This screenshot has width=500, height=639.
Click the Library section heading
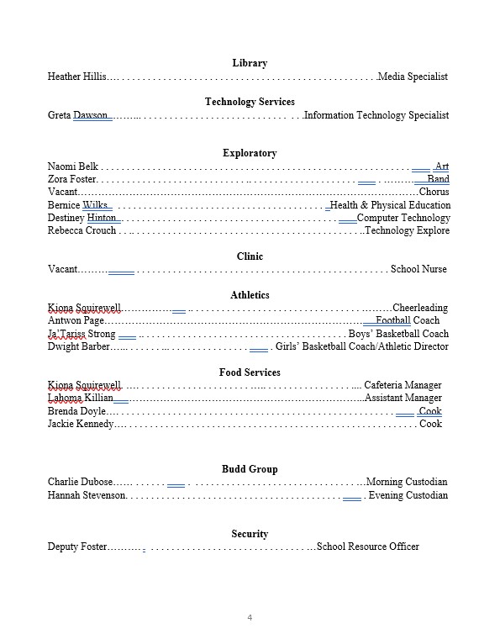click(250, 63)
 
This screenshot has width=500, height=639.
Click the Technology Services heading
click(250, 102)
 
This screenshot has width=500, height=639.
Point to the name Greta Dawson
click(80, 115)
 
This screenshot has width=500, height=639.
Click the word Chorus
click(434, 192)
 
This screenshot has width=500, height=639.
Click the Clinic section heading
click(250, 256)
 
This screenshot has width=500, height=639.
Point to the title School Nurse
click(418, 269)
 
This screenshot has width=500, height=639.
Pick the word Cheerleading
click(420, 308)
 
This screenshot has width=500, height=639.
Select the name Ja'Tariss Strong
click(82, 334)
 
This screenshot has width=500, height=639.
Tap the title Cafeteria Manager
click(403, 385)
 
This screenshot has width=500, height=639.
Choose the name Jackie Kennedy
click(81, 424)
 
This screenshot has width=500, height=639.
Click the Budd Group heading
click(250, 469)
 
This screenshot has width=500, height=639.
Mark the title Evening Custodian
click(408, 495)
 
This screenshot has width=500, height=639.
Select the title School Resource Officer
click(367, 547)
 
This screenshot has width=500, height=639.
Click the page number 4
click(250, 618)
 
